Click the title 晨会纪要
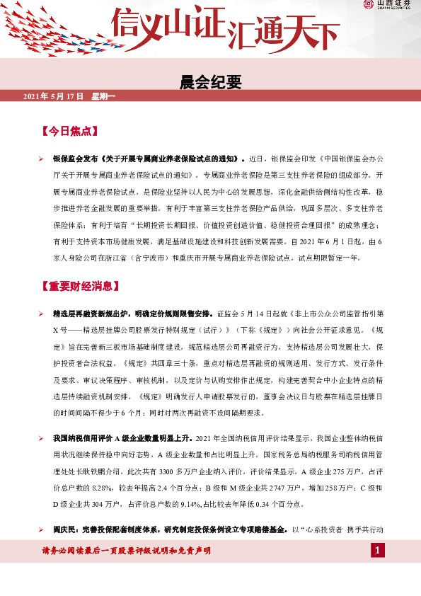(x=212, y=84)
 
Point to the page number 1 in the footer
(x=379, y=551)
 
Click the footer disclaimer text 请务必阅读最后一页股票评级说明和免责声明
(x=127, y=551)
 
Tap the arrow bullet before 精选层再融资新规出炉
(x=42, y=314)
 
